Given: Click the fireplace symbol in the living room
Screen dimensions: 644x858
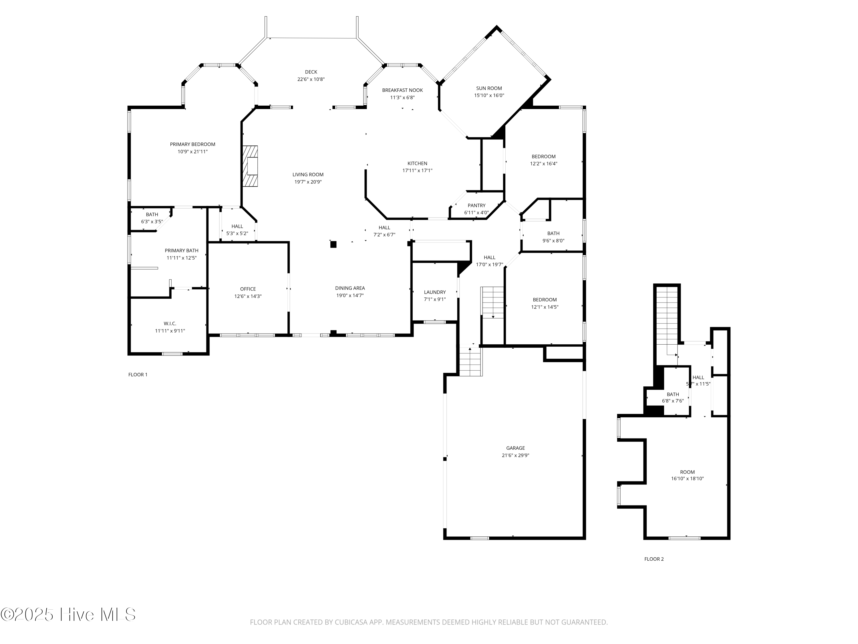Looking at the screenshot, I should (x=250, y=166).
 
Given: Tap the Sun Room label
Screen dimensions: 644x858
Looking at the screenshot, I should (x=489, y=88).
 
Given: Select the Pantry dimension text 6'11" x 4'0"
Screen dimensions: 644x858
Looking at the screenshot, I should (x=476, y=213).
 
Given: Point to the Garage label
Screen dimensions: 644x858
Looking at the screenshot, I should (x=515, y=448).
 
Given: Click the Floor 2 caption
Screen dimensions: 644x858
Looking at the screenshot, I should (x=654, y=559).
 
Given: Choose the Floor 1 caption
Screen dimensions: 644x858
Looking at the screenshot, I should (x=138, y=375).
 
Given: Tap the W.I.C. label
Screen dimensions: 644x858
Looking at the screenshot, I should (x=170, y=323).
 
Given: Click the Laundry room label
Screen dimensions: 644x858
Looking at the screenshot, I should (x=435, y=292).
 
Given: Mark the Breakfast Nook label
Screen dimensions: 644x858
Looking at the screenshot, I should (x=402, y=90).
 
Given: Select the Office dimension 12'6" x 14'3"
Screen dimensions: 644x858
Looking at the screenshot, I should (x=248, y=296).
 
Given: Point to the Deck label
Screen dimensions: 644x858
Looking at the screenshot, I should (x=311, y=72).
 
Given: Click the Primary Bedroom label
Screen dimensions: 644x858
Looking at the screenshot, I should (x=192, y=144).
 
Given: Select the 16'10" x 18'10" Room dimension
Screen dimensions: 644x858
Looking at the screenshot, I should (x=687, y=479).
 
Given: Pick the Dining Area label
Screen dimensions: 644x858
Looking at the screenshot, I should (x=350, y=288).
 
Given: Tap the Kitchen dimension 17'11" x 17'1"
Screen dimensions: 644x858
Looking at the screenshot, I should (x=417, y=170).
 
